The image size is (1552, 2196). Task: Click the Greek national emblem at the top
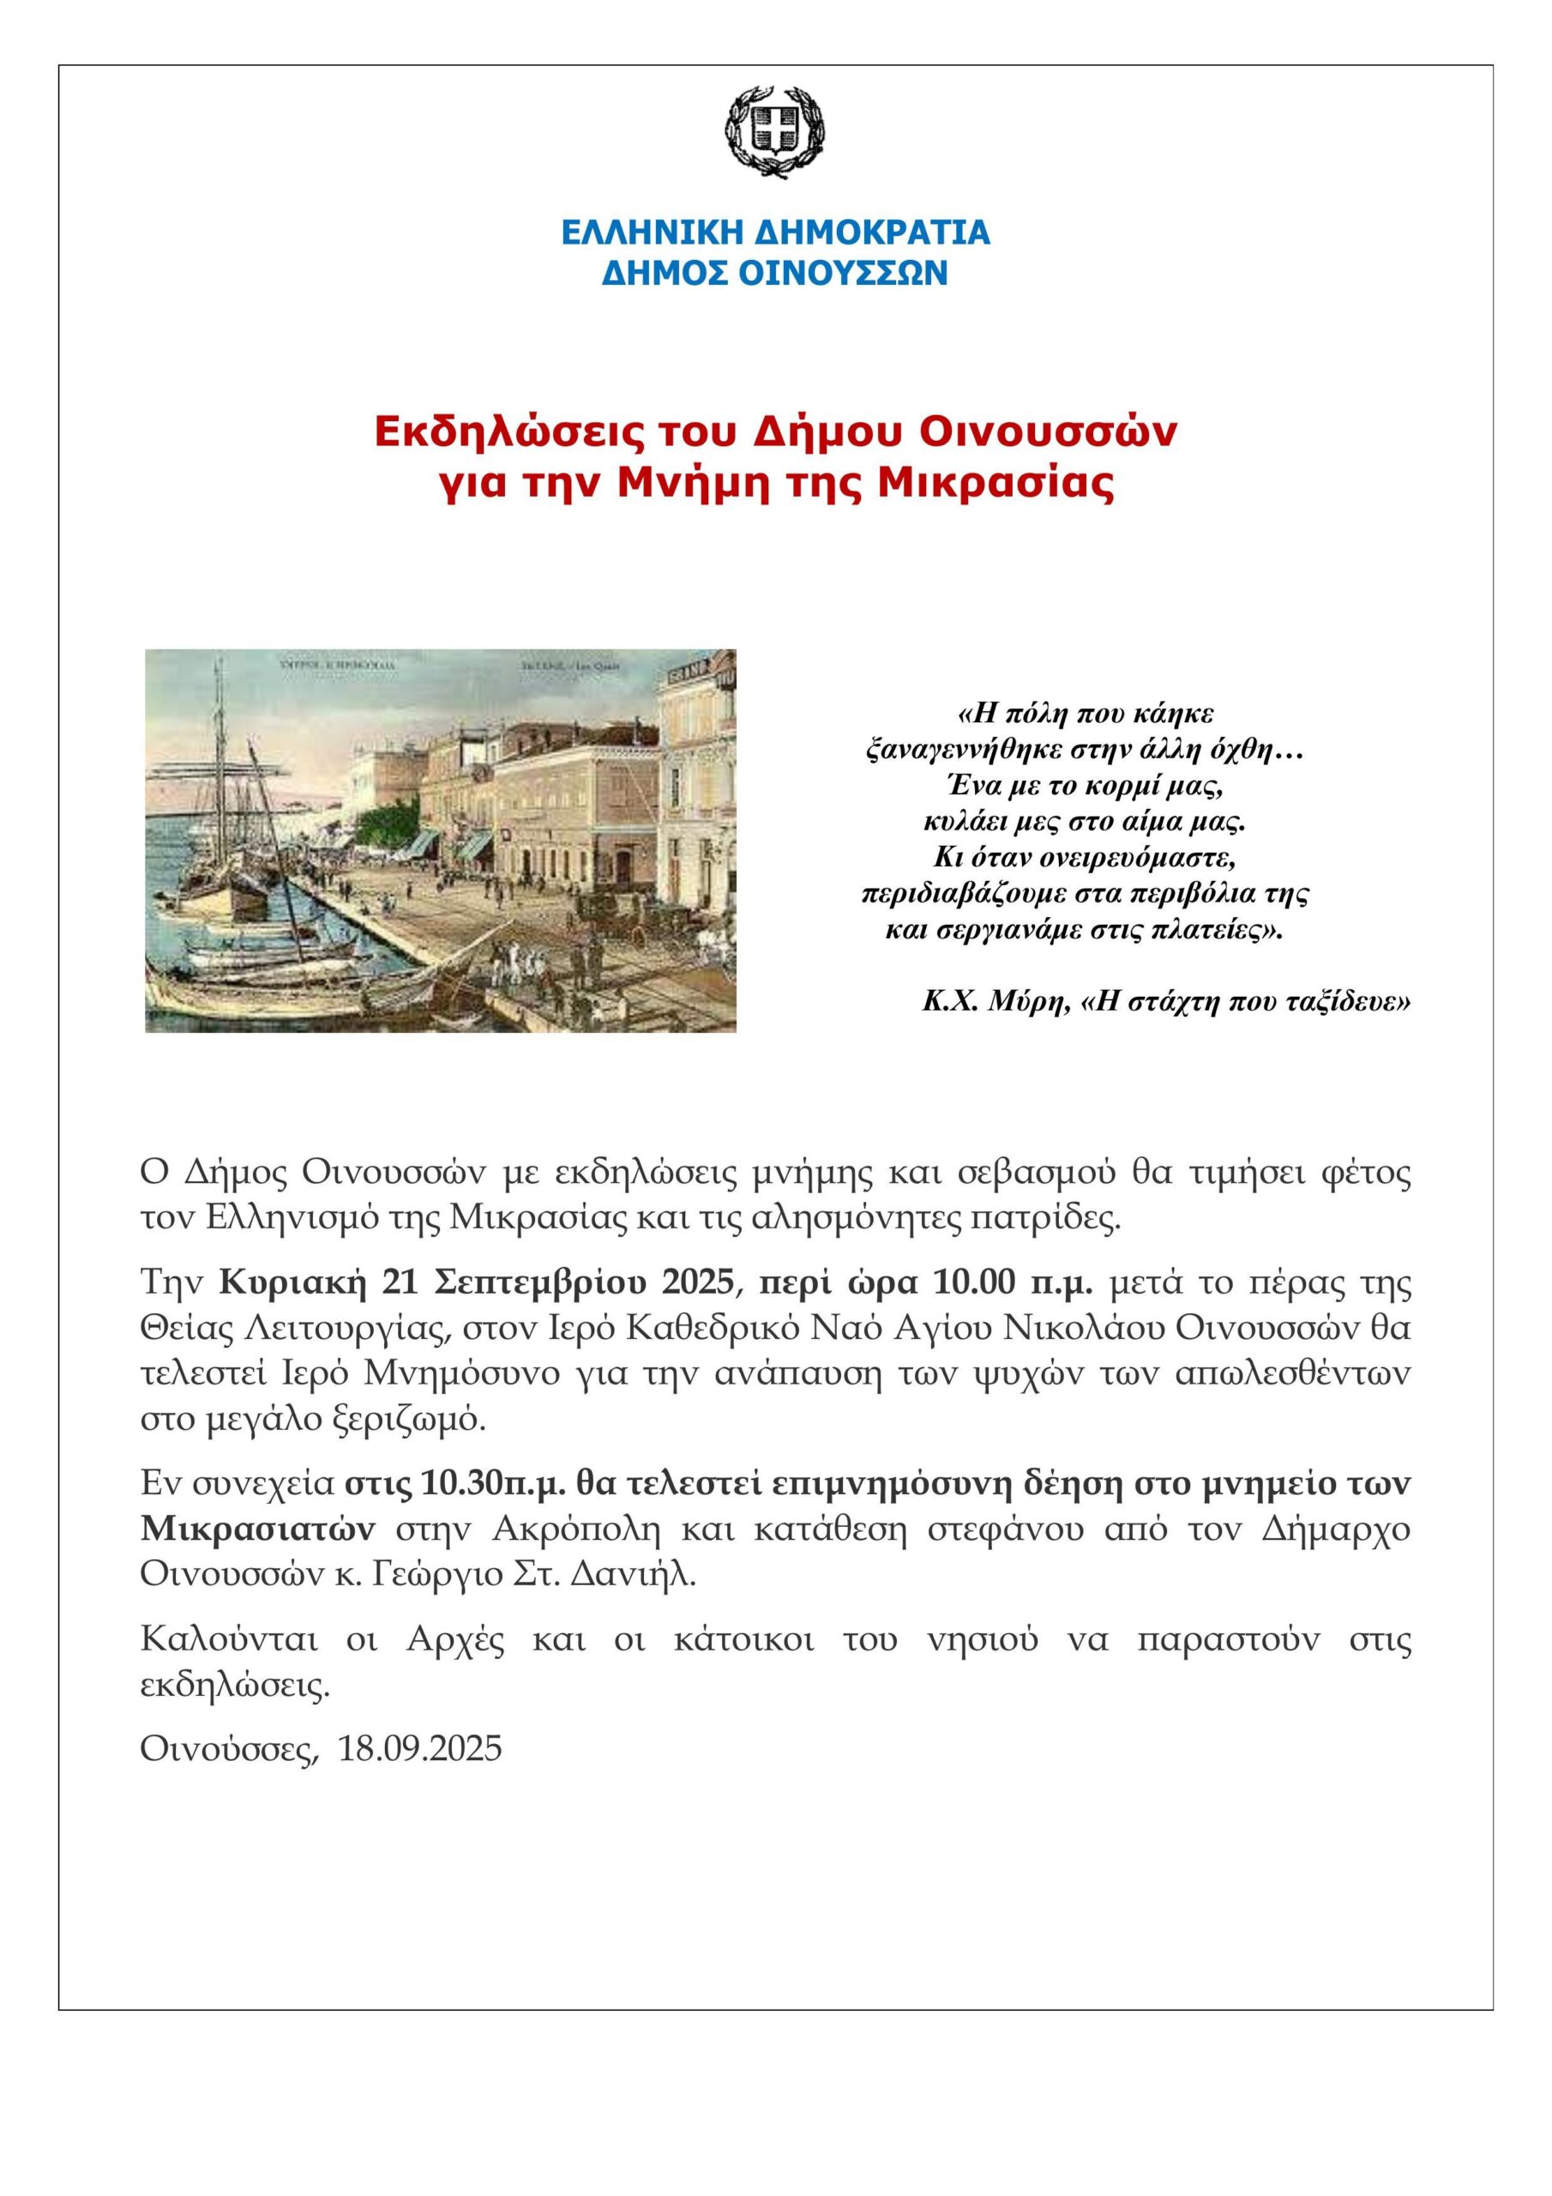(x=774, y=130)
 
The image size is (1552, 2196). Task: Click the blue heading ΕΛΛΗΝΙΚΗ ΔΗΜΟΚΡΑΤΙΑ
(x=774, y=232)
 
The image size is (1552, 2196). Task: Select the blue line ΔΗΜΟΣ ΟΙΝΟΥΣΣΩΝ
(x=774, y=274)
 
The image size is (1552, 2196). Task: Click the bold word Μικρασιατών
(x=256, y=1529)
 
